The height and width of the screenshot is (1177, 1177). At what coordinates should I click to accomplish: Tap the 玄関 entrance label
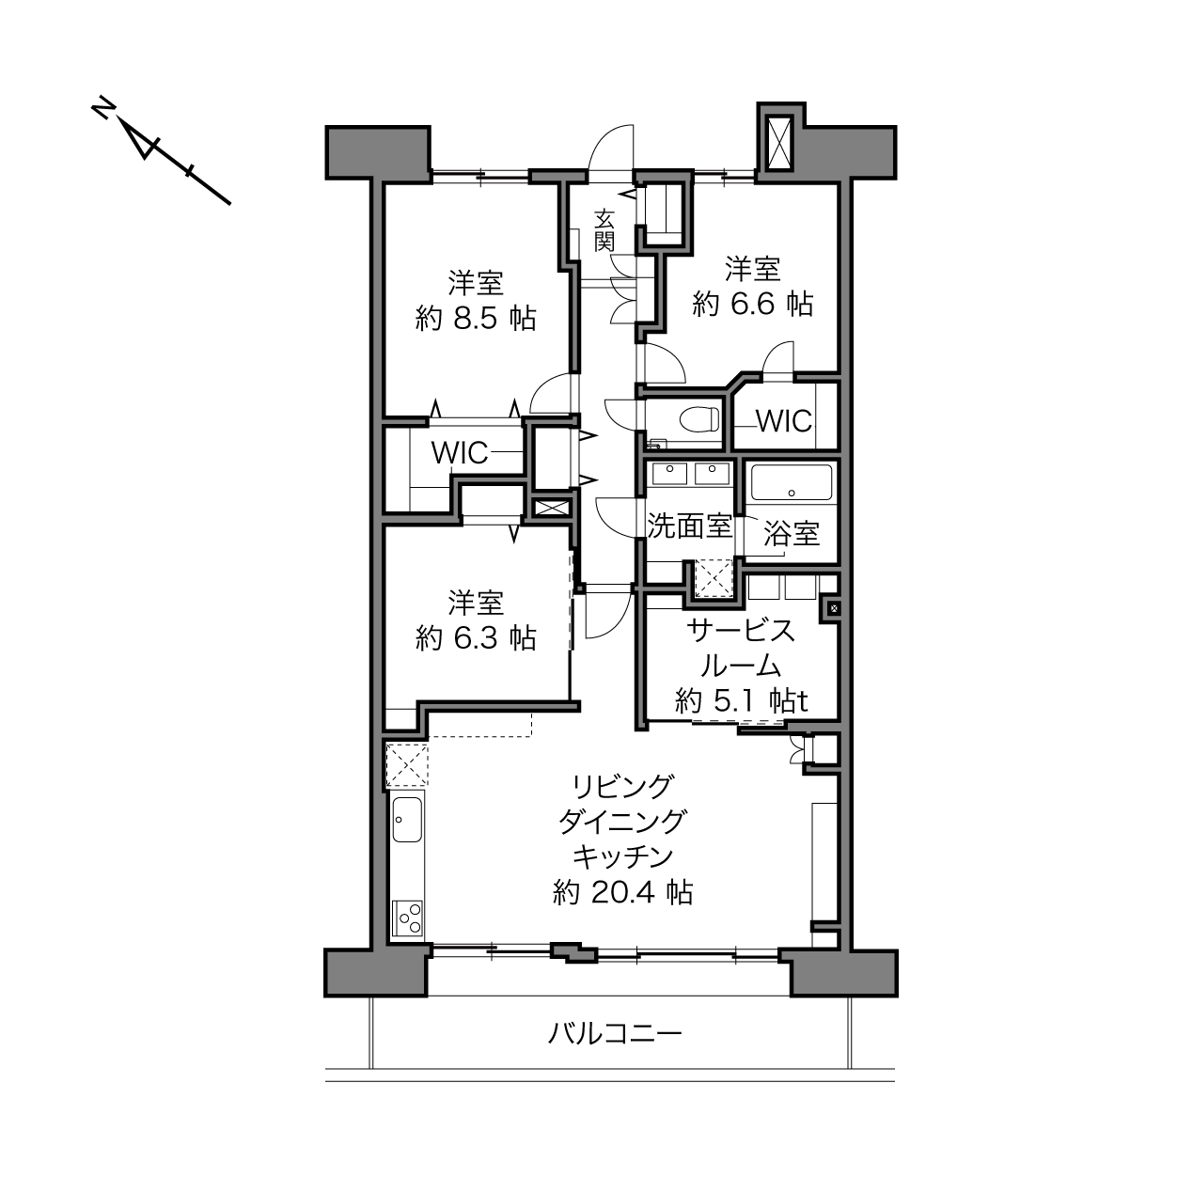coord(604,231)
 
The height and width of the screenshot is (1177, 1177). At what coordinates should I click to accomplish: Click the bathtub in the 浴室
coord(791,482)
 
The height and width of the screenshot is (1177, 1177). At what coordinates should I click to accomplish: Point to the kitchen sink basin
coord(407,819)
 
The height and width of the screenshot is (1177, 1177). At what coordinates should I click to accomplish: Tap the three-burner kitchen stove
coord(407,917)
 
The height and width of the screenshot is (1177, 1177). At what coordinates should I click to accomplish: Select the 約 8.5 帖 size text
coord(476,319)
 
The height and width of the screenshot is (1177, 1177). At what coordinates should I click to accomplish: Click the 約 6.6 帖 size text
coord(752,304)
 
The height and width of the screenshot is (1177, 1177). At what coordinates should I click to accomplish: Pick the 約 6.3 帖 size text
coord(476,638)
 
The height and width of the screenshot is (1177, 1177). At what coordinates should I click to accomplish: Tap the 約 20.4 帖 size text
coord(622,892)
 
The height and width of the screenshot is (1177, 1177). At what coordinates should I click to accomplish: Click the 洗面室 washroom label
coord(690,526)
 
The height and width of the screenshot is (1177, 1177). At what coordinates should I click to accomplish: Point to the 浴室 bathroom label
coord(792,535)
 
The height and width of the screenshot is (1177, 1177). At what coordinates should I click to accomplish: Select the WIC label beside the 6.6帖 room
coord(784,421)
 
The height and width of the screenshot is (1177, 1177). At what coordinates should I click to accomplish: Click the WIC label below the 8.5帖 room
coord(460,452)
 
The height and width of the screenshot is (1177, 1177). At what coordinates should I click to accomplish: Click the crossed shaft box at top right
coord(780,143)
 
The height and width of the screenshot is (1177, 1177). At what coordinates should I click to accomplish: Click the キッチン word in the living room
coord(622,857)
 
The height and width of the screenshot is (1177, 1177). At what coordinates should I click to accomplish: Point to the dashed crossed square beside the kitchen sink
coord(407,764)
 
